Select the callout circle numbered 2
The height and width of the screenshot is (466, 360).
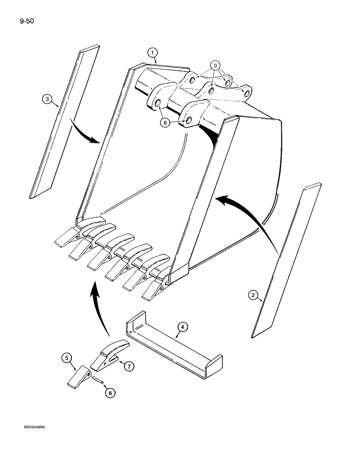(x=253, y=295)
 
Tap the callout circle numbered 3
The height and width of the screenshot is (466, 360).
(x=46, y=99)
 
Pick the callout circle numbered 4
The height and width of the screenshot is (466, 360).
(x=183, y=328)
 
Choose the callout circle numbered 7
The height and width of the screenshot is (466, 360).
(x=128, y=366)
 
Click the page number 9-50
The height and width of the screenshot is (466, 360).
(x=16, y=21)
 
